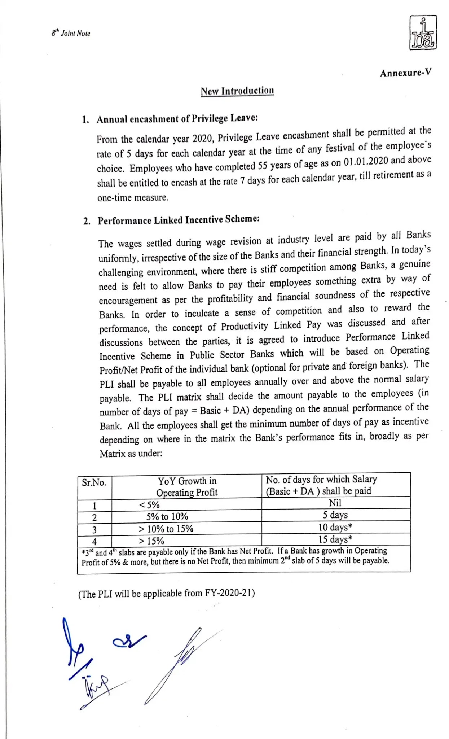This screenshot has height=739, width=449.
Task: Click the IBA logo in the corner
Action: coord(423,32)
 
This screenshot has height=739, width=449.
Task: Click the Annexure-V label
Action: coord(405,73)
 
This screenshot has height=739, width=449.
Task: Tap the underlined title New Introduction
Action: coord(237,91)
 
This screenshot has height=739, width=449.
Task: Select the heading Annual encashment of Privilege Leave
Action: coord(177,119)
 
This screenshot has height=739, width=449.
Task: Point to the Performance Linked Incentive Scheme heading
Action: coord(179,220)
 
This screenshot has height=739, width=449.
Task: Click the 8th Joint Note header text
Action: coord(71,33)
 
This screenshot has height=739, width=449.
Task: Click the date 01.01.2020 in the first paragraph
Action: coord(366,161)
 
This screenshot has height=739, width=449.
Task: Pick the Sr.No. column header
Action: coord(94,483)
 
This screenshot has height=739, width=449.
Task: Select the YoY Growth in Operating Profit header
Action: coord(187,486)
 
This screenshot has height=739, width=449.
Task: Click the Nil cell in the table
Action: coord(335,503)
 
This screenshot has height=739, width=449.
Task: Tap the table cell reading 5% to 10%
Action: coord(167,516)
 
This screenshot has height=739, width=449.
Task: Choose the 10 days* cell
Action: coord(335,527)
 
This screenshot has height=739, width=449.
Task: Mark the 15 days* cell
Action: coord(335,539)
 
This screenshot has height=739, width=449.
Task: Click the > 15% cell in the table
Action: coord(151,541)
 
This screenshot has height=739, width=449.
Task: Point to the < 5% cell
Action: coord(149,504)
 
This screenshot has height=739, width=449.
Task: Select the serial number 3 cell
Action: coord(94,529)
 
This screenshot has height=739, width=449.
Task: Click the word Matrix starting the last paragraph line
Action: coord(112,454)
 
